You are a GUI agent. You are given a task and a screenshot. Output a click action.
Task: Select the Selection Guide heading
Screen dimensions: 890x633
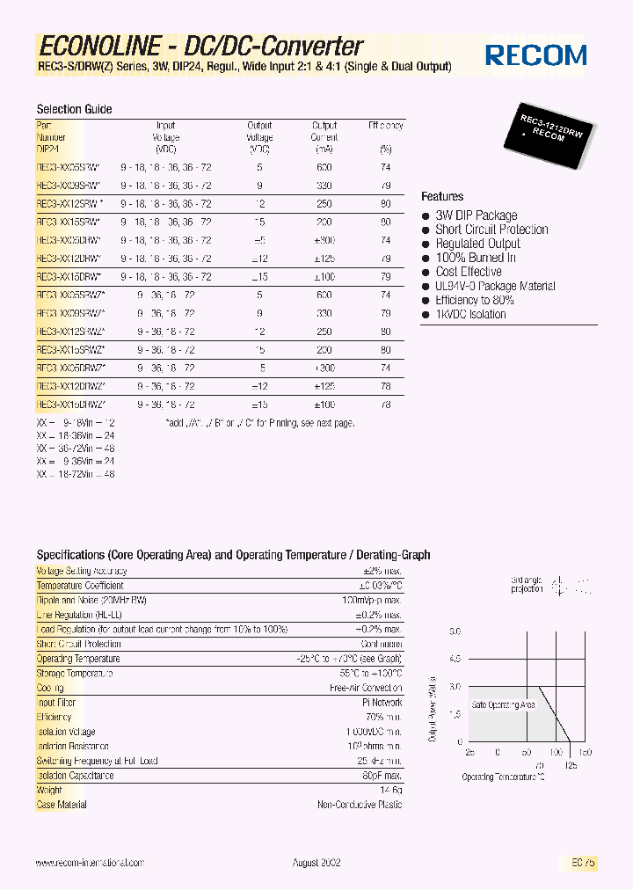pos(74,109)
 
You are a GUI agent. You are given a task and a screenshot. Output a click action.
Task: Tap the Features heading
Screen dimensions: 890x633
pos(442,196)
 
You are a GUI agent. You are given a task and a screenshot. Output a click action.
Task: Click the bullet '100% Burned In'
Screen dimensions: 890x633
pos(475,258)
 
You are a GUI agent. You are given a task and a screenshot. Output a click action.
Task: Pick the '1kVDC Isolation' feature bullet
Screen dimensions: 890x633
pos(470,314)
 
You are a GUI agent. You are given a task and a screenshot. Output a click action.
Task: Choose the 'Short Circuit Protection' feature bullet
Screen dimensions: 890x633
pos(491,230)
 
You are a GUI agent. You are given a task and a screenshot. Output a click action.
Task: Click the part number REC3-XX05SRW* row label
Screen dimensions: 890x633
pos(69,166)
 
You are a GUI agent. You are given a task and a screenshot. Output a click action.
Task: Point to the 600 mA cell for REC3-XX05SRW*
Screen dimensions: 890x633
pos(324,166)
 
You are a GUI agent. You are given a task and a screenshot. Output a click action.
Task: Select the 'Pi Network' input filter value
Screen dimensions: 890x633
pos(383,703)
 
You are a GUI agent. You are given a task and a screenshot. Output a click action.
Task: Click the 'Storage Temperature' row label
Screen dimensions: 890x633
pos(75,674)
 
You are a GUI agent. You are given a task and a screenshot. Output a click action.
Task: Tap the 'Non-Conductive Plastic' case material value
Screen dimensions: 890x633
pos(360,805)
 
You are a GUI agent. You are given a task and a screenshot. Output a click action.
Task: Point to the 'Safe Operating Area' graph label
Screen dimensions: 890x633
pos(504,705)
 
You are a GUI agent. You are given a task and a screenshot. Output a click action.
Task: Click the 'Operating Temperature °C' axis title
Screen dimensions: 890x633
pos(504,777)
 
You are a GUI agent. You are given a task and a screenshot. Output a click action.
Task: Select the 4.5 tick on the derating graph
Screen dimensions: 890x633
pos(455,659)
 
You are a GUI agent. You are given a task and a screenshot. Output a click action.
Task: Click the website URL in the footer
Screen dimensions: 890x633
pos(90,863)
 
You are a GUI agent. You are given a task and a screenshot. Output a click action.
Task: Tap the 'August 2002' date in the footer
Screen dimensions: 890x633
pos(316,863)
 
